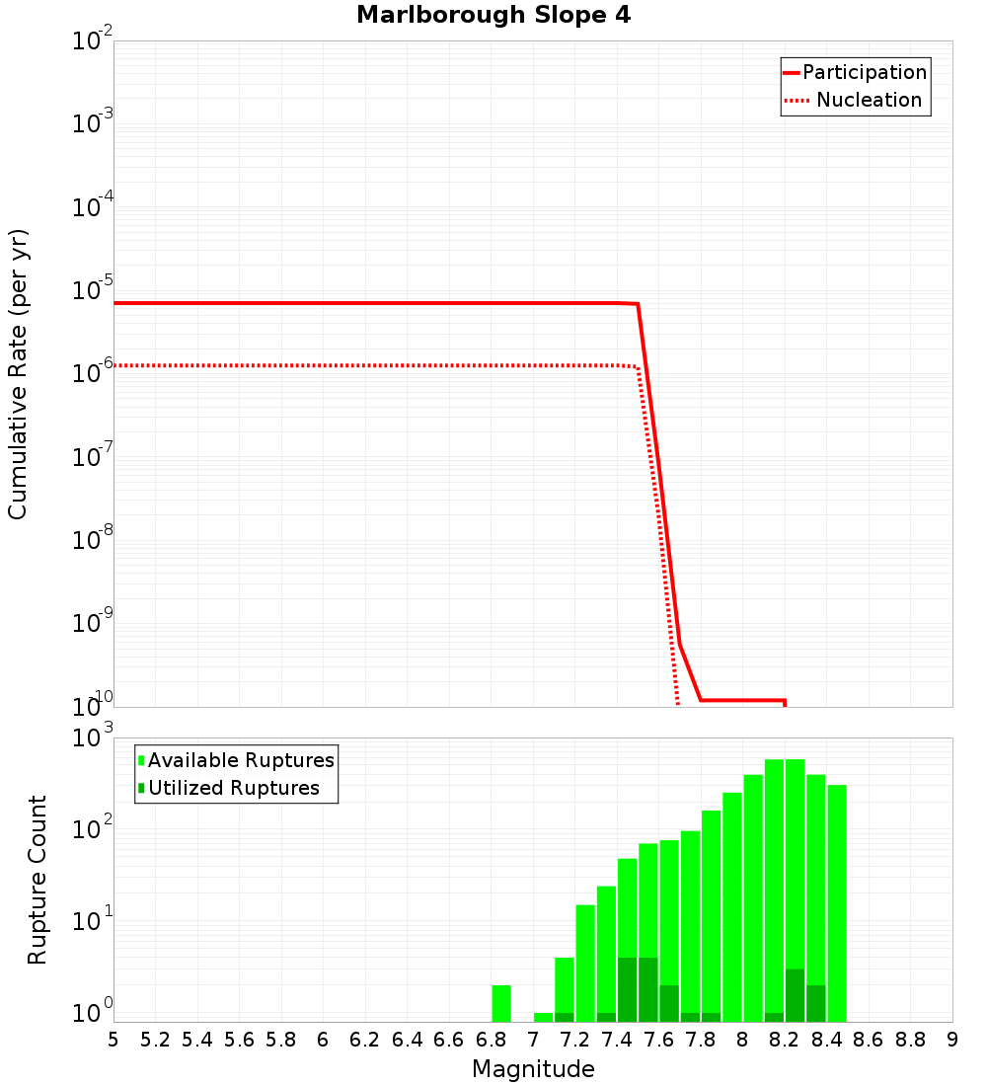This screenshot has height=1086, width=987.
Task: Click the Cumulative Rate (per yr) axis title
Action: coord(18,374)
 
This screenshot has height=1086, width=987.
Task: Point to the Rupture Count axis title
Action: coord(38,880)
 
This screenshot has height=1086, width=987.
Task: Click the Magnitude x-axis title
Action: coord(533,1069)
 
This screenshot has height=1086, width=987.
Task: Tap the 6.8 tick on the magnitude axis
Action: coord(491,1040)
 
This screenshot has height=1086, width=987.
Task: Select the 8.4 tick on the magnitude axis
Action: coord(826,1040)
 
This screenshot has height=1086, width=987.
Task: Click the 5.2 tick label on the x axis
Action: coord(155,1040)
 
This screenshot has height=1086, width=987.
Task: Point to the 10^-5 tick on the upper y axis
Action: coord(93,290)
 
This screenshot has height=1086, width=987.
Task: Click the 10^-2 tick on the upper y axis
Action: coord(93,41)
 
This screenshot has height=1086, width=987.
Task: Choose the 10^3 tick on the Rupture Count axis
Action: coord(93,738)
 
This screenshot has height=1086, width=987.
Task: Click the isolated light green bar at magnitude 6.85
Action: coord(501,1003)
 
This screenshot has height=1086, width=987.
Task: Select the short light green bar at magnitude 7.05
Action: coord(543,1017)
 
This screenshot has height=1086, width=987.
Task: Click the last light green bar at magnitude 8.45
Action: coord(837,903)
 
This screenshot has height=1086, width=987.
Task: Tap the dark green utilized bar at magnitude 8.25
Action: coord(796,995)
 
